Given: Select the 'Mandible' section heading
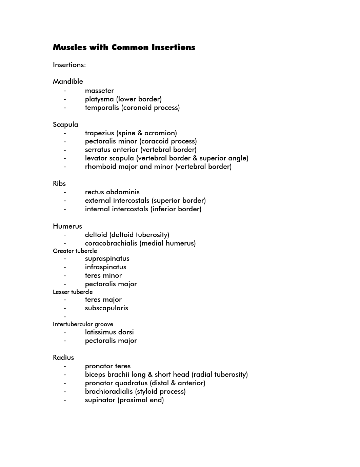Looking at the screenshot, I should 68,81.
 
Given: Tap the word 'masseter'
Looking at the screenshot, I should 99,91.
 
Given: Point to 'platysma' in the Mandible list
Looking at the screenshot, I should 99,99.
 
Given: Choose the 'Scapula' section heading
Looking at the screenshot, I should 65,124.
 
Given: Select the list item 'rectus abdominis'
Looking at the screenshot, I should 112,192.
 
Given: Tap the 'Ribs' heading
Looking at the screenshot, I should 59,183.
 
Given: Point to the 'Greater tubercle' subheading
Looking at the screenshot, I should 75,251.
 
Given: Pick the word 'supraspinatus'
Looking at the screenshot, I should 107,258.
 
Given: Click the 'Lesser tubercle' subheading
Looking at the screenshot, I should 73,292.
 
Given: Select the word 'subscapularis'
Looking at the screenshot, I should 106,308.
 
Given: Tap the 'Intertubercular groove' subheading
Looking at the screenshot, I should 83,324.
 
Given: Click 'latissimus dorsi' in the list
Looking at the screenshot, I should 109,332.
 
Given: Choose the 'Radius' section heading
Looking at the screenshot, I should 63,357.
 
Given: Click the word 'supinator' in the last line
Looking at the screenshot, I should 100,400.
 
